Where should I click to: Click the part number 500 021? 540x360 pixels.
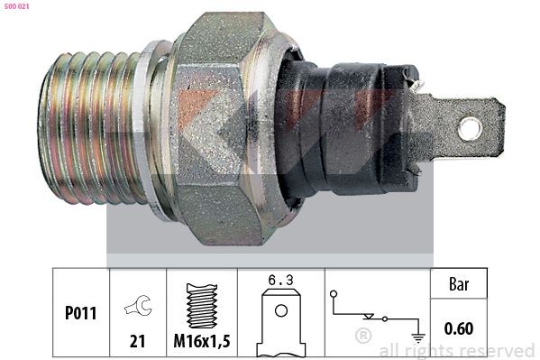coord(17,7)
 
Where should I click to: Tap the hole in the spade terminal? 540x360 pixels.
coord(469,128)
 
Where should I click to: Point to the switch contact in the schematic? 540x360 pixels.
coord(371,317)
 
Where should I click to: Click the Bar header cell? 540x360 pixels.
coord(460,283)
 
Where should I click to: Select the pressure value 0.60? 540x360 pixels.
coord(460,328)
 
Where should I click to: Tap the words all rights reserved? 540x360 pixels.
coord(456,350)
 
